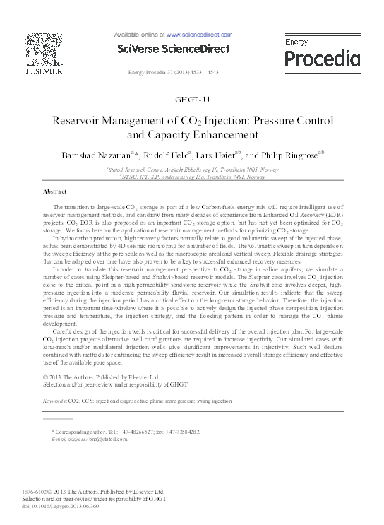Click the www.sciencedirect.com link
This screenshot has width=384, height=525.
pos(199,34)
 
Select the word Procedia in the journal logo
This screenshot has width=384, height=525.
pos(321,58)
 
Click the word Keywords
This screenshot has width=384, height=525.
pos(56,401)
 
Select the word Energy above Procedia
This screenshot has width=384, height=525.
pos(297,42)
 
